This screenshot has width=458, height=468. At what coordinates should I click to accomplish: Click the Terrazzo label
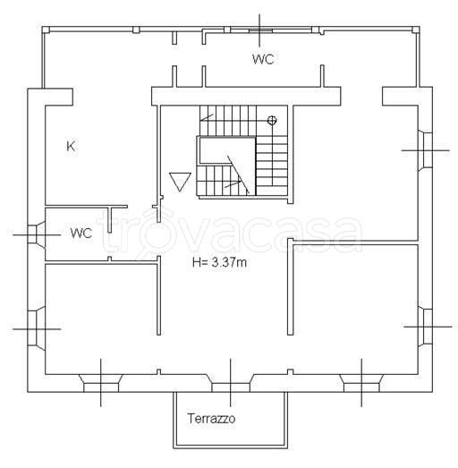211,419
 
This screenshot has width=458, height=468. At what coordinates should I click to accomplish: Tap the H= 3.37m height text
219,263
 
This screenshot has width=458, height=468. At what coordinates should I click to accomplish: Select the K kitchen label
71,146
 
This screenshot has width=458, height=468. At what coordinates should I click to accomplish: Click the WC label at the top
263,59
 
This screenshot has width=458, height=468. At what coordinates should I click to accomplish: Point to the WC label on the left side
81,233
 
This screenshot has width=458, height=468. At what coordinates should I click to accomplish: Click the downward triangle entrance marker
180,182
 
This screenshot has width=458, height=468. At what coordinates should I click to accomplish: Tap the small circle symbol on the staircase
272,120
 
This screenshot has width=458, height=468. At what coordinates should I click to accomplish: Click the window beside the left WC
37,235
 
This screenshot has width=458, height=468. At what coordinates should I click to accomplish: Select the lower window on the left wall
37,328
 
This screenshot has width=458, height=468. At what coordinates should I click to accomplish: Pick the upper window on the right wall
425,150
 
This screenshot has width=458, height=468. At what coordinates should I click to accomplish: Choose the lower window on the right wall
425,327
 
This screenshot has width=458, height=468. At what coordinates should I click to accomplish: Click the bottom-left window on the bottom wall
101,383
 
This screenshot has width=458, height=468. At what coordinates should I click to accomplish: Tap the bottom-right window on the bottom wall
361,383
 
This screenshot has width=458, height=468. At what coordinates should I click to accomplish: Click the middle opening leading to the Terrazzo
231,383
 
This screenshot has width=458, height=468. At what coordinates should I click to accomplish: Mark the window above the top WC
260,30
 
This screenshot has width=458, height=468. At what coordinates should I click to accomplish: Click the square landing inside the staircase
227,150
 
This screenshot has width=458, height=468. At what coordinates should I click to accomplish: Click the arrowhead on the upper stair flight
203,120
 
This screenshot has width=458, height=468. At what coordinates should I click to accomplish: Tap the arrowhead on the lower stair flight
240,182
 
